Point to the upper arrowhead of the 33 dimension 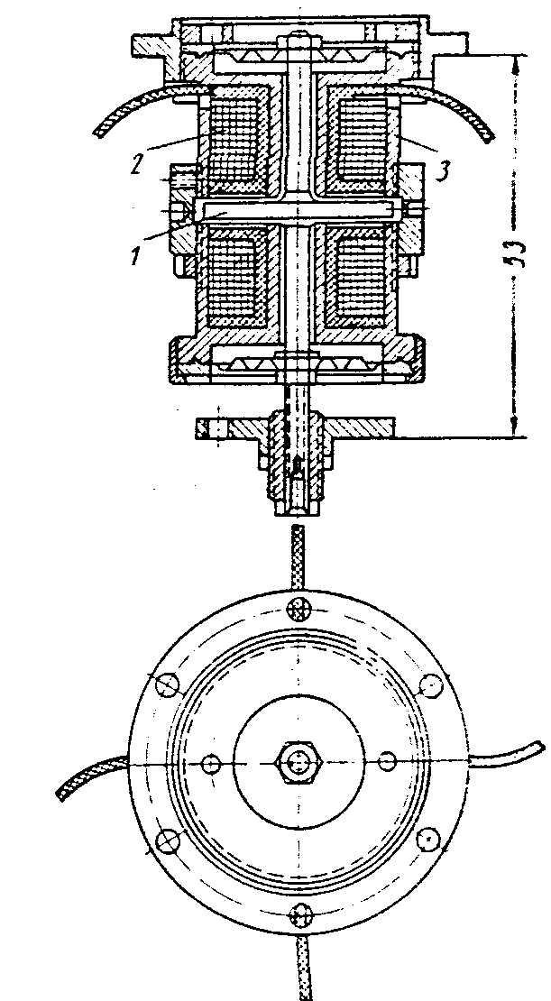click(x=517, y=63)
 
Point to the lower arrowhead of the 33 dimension click(x=517, y=431)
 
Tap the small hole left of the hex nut click(x=211, y=763)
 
